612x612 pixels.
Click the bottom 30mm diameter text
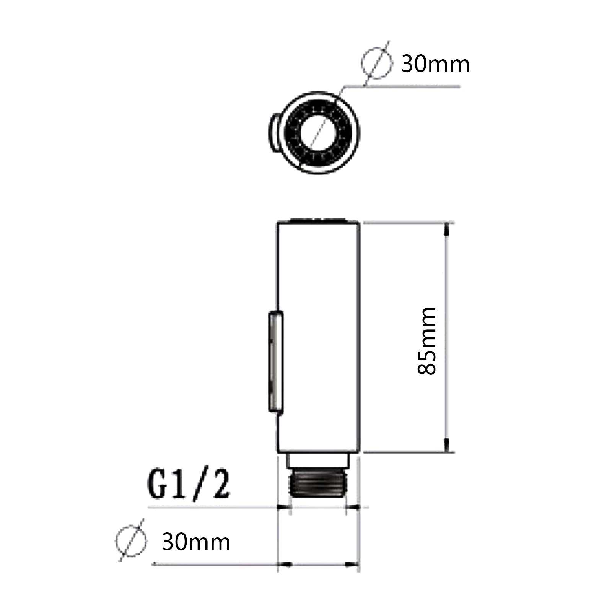(x=196, y=542)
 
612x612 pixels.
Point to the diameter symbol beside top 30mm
(x=377, y=63)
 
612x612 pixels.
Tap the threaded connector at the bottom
(x=318, y=484)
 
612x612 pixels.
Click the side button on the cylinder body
(x=275, y=362)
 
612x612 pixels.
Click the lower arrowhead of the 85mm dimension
(x=447, y=446)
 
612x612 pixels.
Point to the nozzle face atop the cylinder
(x=318, y=220)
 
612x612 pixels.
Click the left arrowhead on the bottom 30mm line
(x=285, y=564)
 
